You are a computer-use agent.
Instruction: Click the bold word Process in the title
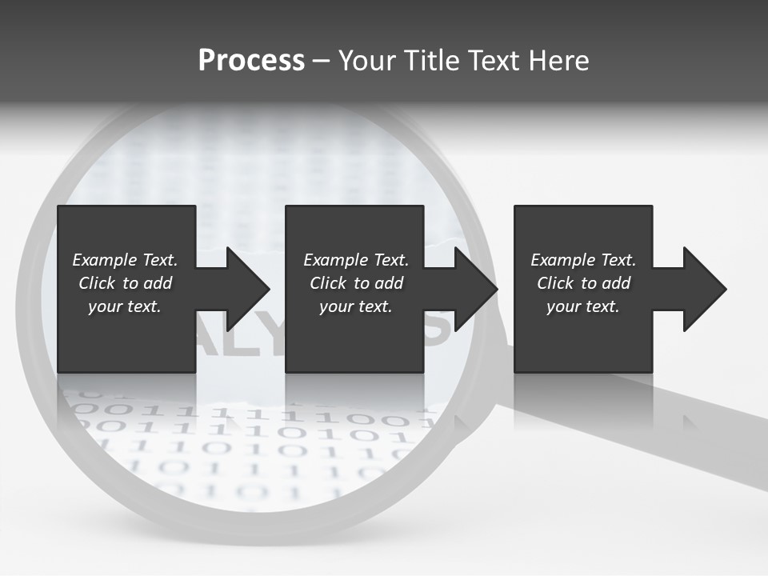click(x=251, y=61)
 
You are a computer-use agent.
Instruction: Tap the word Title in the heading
click(x=432, y=61)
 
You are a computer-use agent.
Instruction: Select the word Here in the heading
click(x=558, y=61)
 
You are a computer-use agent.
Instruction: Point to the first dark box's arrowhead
click(x=248, y=289)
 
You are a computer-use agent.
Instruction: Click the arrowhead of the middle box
click(x=476, y=289)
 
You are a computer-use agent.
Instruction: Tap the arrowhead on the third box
click(x=705, y=289)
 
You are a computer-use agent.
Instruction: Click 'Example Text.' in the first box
click(x=125, y=260)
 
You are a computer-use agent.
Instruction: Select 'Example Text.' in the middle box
click(x=356, y=260)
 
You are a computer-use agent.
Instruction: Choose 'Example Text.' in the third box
click(x=583, y=260)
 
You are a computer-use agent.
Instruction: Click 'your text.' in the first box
click(x=125, y=306)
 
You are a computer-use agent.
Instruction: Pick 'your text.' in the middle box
click(x=356, y=306)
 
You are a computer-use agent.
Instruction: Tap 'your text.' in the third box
click(x=583, y=306)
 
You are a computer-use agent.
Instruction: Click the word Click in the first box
click(x=97, y=283)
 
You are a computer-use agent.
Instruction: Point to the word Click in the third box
click(x=555, y=283)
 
